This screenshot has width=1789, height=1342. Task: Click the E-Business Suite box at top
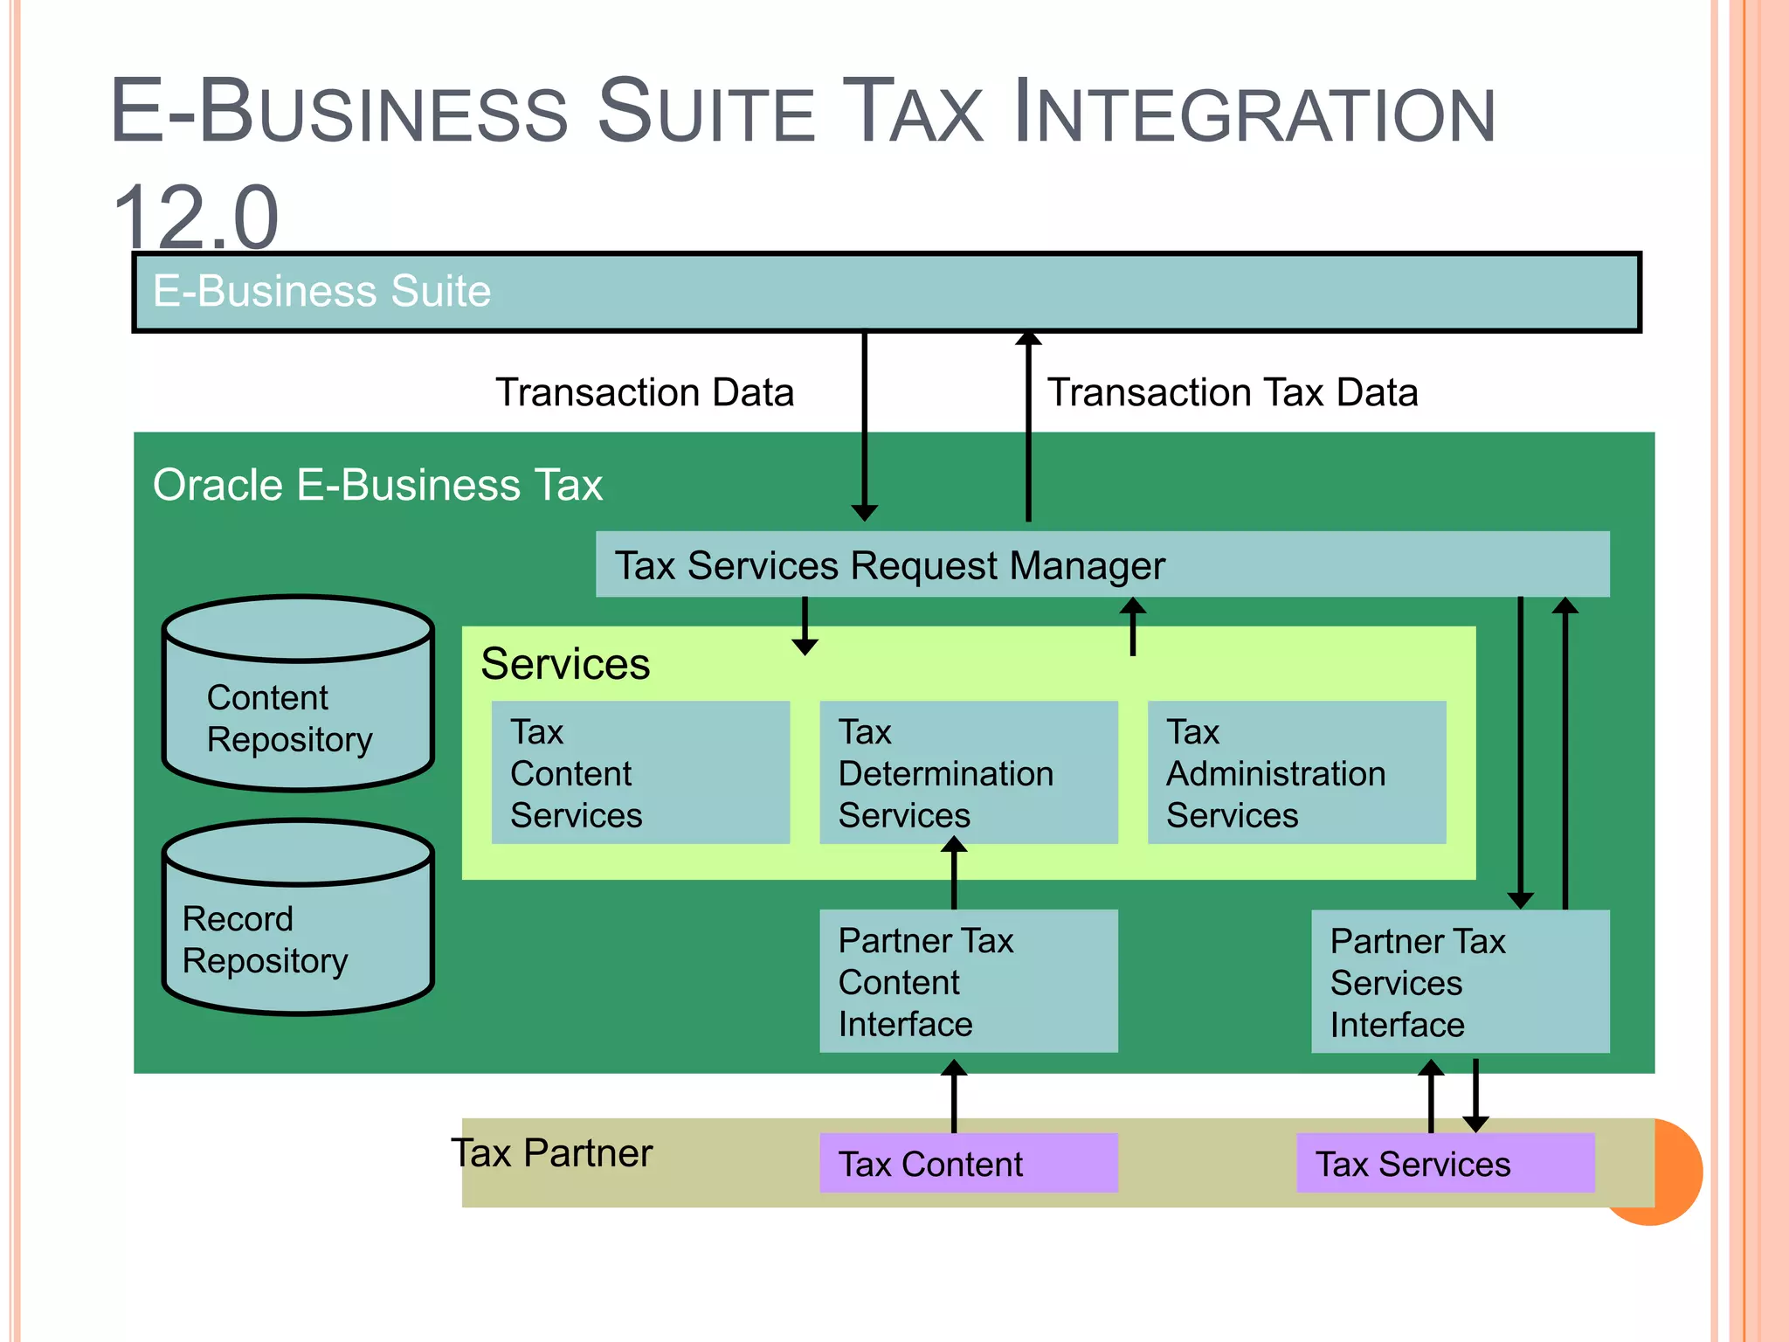tap(886, 292)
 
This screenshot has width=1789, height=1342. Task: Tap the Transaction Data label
tap(645, 392)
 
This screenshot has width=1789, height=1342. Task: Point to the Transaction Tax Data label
tap(1233, 392)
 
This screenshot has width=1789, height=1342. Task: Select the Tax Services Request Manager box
tap(1102, 564)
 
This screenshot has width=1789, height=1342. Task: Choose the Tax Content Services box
tap(640, 772)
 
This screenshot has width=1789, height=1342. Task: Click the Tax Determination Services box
tap(968, 772)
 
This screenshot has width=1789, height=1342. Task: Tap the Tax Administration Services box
tap(1296, 772)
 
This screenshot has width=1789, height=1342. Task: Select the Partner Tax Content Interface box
tap(968, 981)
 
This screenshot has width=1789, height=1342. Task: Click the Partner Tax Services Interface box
tap(1460, 981)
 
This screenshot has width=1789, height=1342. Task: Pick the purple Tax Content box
tap(968, 1164)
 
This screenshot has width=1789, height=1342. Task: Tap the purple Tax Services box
tap(1445, 1164)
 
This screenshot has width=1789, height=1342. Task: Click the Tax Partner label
tap(552, 1153)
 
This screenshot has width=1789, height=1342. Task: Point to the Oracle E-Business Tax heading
tap(377, 485)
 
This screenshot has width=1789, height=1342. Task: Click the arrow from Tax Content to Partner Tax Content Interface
tap(954, 1096)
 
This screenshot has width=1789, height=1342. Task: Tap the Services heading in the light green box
tap(565, 664)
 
